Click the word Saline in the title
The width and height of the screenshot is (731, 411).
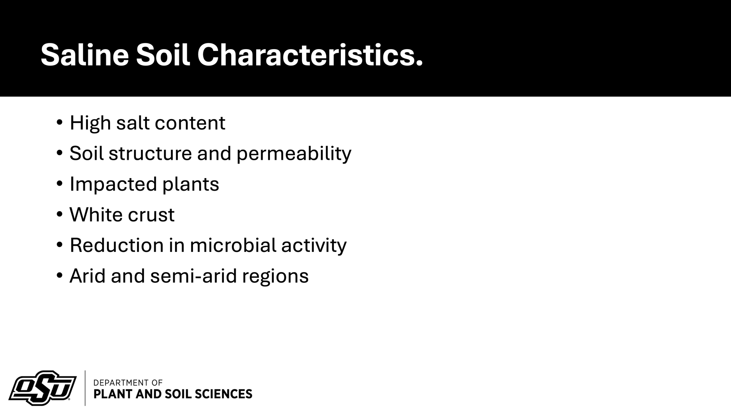[85, 55]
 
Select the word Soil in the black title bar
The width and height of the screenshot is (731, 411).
[163, 55]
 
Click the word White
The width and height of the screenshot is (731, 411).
[96, 215]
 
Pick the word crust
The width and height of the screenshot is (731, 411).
[151, 216]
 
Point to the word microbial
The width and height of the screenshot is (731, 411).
[233, 245]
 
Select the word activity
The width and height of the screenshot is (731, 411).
[314, 246]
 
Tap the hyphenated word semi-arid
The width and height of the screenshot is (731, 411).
[194, 276]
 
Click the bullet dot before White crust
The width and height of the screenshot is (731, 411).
[59, 214]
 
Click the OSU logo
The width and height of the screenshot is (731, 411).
[43, 388]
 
